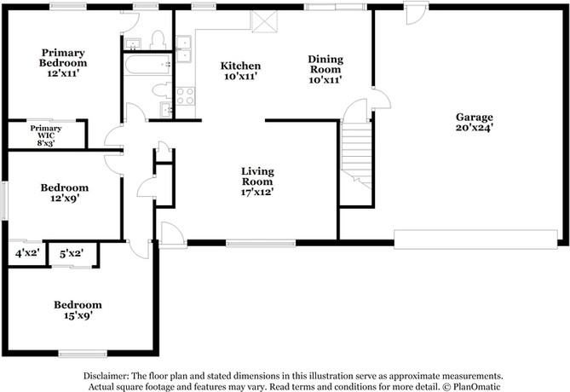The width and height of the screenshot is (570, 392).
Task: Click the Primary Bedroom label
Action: [63, 63]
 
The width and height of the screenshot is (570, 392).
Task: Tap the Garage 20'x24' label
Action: [475, 122]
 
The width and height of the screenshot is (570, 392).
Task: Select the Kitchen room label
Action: [240, 71]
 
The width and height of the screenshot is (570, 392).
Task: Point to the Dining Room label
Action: [325, 69]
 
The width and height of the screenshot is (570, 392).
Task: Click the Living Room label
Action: [257, 182]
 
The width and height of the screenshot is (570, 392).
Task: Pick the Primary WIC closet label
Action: [46, 135]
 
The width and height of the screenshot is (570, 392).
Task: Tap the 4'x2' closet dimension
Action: [27, 253]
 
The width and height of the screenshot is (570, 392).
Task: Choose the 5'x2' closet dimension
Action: [72, 253]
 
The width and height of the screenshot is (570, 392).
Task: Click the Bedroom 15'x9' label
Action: [78, 310]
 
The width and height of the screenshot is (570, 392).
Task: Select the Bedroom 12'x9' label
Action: [65, 193]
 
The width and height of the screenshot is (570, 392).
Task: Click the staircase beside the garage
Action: [357, 154]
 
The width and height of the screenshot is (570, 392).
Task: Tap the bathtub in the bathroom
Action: [147, 65]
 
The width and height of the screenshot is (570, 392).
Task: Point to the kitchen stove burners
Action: [185, 96]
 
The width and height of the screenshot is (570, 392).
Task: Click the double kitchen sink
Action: [183, 49]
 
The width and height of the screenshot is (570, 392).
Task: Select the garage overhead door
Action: [475, 239]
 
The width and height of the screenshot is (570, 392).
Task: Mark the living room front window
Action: [261, 243]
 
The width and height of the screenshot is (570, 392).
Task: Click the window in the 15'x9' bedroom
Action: [83, 354]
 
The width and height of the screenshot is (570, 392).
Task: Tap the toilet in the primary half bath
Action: [158, 40]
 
